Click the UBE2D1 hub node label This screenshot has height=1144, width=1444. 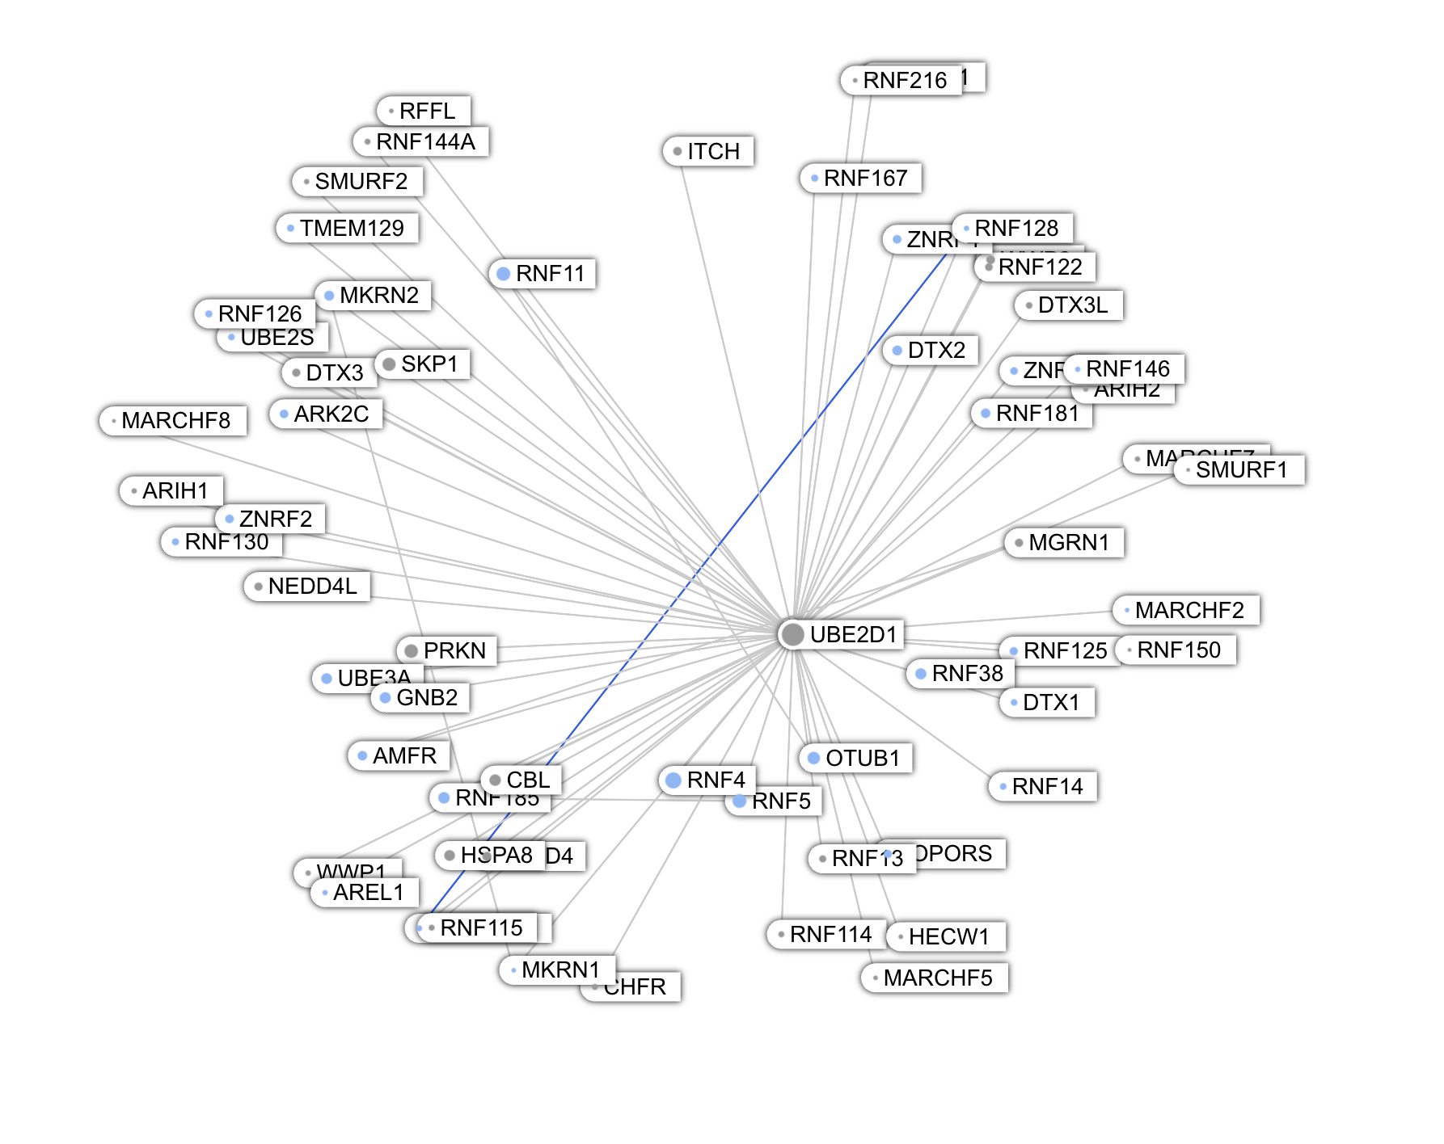coord(854,635)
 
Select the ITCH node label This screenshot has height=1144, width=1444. coord(713,152)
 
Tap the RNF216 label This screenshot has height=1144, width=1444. coord(905,81)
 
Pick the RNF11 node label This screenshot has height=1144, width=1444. coord(550,274)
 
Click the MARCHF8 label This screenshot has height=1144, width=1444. coord(175,421)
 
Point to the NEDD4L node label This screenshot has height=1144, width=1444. coord(312,587)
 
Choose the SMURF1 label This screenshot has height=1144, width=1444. coord(1241,470)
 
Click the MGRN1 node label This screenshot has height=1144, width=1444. coord(1069,543)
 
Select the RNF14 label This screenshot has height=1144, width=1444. coord(1047,787)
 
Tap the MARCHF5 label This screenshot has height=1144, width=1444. coord(938,978)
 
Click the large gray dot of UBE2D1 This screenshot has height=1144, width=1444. coord(792,635)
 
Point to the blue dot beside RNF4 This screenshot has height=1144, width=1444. coord(673,780)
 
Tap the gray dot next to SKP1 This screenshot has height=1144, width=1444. coord(389,364)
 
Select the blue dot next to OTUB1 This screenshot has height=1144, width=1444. coord(814,759)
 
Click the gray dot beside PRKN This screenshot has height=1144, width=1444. coord(411,651)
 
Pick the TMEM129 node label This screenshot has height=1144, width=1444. coord(352,229)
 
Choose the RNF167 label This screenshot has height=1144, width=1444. coord(865,179)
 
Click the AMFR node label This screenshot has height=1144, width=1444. coord(404,756)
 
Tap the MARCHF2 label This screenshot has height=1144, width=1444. coord(1189,611)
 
